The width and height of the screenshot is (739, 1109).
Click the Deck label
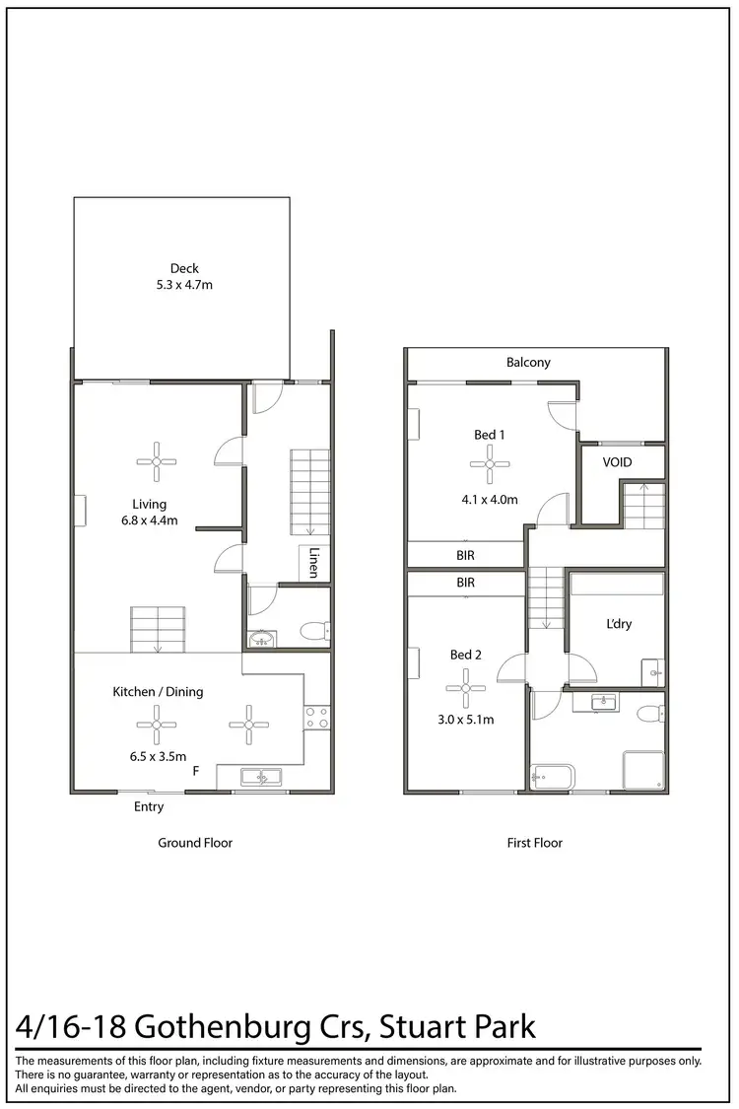click(x=184, y=267)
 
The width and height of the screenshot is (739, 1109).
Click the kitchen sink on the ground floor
click(x=261, y=778)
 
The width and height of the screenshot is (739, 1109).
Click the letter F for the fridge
click(x=197, y=772)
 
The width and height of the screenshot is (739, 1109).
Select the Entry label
click(x=149, y=806)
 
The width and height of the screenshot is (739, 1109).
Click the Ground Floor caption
click(x=195, y=843)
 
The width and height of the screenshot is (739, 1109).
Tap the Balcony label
click(x=528, y=362)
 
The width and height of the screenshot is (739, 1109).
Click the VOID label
click(x=619, y=461)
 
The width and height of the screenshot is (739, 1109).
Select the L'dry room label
click(x=619, y=624)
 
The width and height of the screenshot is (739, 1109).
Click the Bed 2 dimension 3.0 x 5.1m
click(x=466, y=720)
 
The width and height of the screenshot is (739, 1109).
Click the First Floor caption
click(x=534, y=843)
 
